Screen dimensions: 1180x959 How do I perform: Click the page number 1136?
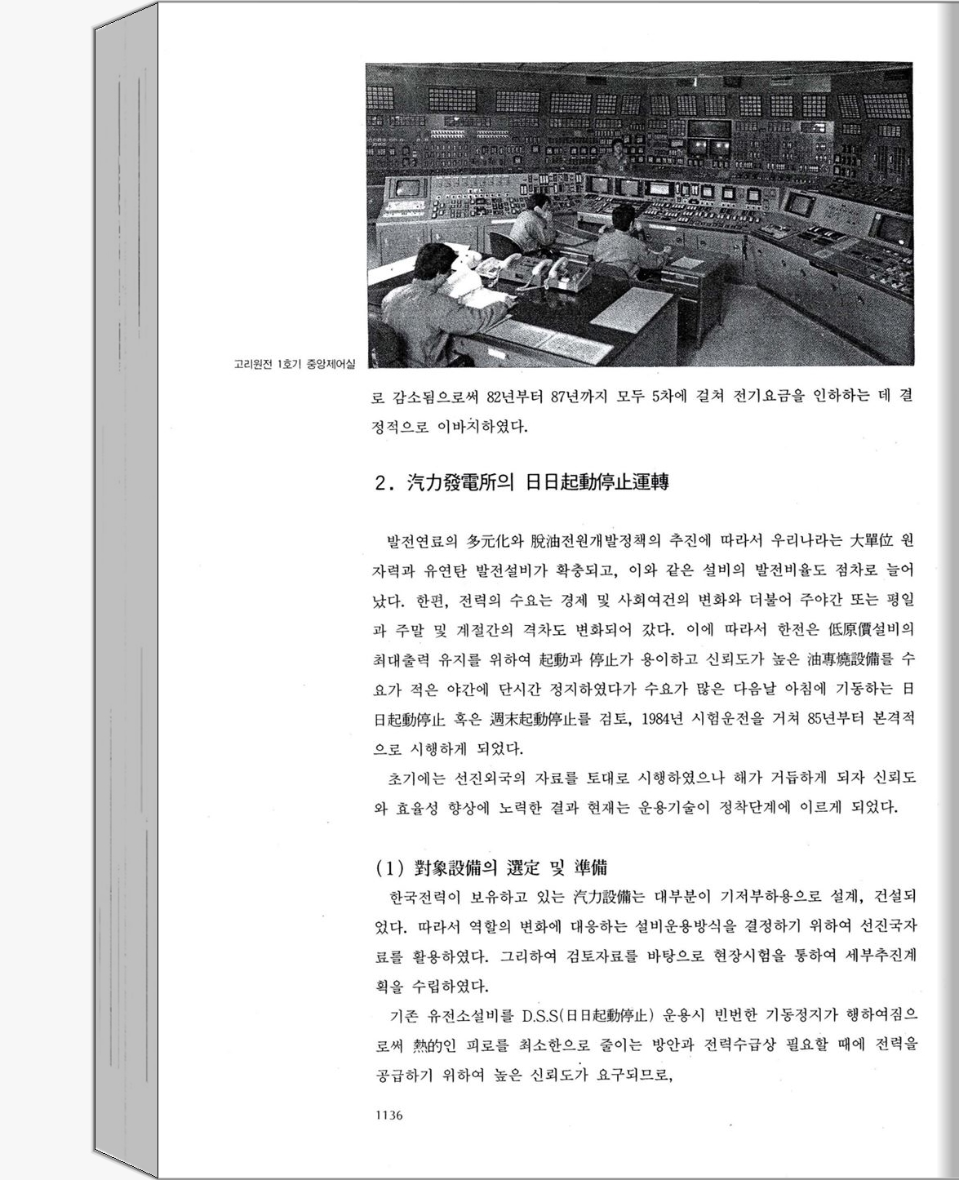[388, 1116]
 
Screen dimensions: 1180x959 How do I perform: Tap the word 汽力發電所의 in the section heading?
[460, 482]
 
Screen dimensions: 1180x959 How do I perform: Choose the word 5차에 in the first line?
[673, 397]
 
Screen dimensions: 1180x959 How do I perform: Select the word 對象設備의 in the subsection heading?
[455, 867]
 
